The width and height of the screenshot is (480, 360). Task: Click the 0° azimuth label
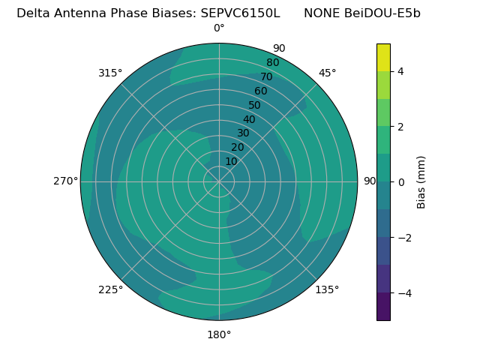(x=219, y=28)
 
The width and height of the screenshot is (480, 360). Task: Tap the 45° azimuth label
(x=327, y=73)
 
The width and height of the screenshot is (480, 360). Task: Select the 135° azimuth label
(x=327, y=289)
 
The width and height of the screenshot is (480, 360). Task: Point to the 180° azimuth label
(x=219, y=334)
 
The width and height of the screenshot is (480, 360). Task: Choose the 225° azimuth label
(x=110, y=289)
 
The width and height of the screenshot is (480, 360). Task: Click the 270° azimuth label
(x=65, y=181)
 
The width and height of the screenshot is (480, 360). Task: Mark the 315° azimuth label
(x=110, y=73)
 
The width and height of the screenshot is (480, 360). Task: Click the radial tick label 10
(x=231, y=161)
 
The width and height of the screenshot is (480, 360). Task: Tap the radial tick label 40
(x=249, y=119)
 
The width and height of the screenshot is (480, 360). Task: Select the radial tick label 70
(x=266, y=76)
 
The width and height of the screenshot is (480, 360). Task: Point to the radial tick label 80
(x=272, y=62)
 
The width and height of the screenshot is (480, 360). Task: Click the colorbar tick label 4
(x=401, y=71)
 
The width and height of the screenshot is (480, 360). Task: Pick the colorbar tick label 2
(x=401, y=127)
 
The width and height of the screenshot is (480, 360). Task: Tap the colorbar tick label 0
(x=401, y=182)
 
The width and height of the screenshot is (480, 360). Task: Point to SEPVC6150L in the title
(x=240, y=13)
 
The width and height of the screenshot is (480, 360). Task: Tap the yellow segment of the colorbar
(x=383, y=58)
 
